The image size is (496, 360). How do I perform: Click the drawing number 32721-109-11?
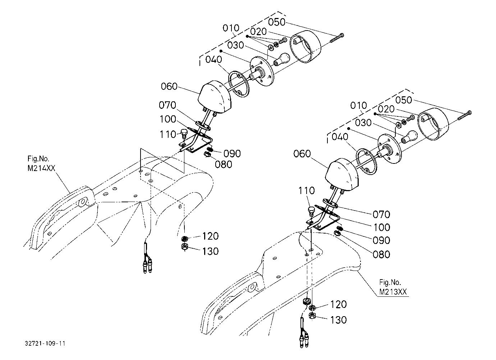click(45, 343)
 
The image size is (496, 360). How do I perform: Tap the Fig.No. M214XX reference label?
click(41, 163)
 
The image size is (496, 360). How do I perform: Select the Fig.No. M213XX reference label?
click(393, 287)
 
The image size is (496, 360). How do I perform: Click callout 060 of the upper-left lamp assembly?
click(169, 86)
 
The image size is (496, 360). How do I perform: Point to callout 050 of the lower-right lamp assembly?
click(404, 100)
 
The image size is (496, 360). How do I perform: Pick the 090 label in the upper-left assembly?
click(232, 153)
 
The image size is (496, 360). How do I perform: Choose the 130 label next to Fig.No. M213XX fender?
click(338, 320)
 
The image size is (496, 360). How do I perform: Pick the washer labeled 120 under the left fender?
click(185, 239)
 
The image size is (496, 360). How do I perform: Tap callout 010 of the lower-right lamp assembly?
click(358, 105)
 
